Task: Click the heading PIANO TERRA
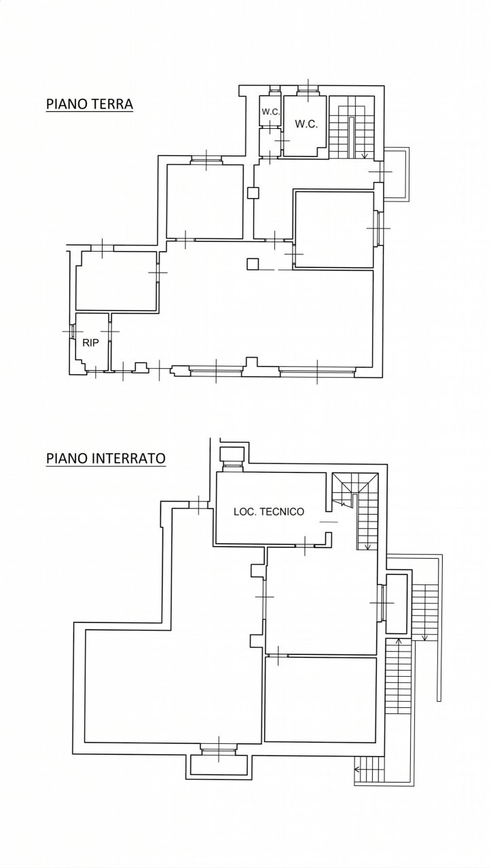click(89, 104)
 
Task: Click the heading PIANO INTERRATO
click(105, 458)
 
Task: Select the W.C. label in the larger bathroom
click(305, 124)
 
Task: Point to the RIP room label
click(90, 342)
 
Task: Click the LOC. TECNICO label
click(269, 512)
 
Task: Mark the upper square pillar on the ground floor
click(253, 193)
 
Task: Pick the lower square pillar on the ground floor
click(253, 264)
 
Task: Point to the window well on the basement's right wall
click(397, 603)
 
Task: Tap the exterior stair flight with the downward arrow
click(425, 610)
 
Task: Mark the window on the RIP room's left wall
click(72, 332)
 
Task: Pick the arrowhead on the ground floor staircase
click(365, 157)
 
